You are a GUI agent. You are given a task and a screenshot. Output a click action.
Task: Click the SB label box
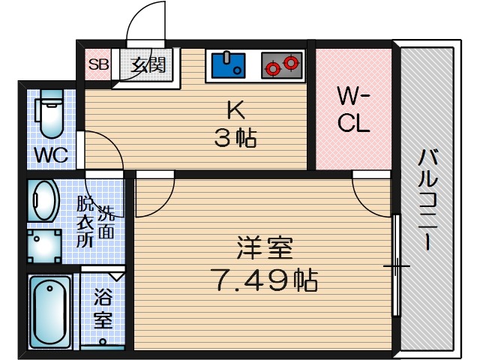click(98, 64)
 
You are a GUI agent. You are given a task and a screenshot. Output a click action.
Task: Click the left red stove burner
click(272, 67)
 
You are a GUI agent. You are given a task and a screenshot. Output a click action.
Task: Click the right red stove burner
click(291, 64)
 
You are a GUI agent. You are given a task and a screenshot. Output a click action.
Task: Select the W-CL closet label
click(352, 109)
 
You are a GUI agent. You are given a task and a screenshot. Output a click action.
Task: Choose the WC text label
click(51, 156)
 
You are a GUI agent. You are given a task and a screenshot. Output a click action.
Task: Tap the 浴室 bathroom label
click(103, 308)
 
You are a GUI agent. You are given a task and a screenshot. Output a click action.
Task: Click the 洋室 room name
click(264, 247)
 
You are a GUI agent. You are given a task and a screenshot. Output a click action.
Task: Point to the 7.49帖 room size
click(264, 281)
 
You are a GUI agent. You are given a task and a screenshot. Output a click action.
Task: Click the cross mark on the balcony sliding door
click(396, 266)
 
